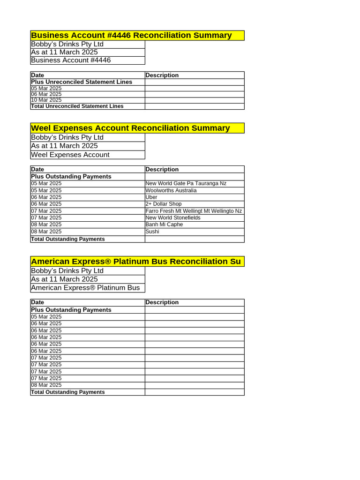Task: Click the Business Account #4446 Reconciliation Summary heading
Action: (131, 36)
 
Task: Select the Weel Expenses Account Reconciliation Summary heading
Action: (130, 128)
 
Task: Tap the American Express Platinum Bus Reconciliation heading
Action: (136, 262)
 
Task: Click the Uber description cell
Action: (151, 197)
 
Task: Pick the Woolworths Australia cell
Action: (171, 190)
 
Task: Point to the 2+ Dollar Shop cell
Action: (164, 204)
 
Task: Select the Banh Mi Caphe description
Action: (164, 225)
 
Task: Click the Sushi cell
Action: (152, 232)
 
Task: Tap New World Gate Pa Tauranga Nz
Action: (186, 183)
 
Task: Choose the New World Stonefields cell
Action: (173, 217)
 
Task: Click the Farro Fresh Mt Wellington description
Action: (194, 211)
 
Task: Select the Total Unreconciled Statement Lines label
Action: (77, 106)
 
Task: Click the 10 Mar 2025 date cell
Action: (46, 100)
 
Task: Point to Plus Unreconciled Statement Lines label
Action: (82, 82)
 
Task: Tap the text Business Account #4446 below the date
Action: (71, 60)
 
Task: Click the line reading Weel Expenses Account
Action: (70, 155)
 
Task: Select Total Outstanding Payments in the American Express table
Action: (68, 392)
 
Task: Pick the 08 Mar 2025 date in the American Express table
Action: (46, 385)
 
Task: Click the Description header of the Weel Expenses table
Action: (162, 170)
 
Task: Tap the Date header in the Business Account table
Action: (37, 75)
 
